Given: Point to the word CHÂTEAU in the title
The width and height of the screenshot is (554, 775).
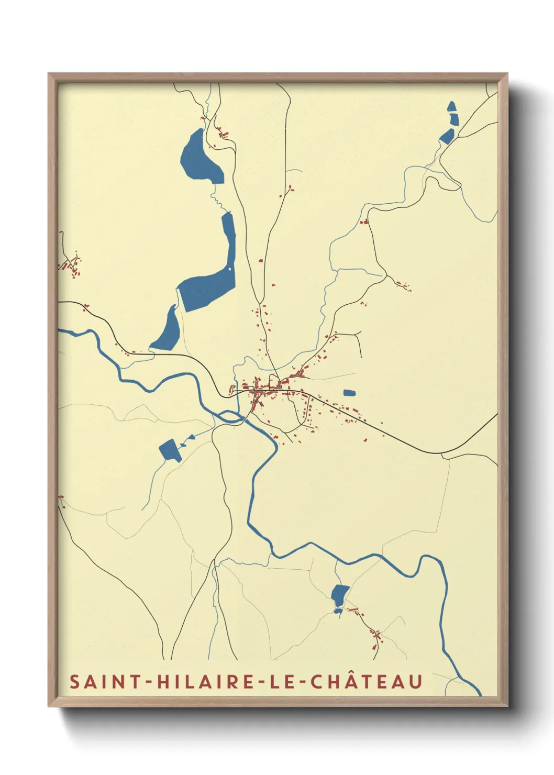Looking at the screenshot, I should pos(367,682).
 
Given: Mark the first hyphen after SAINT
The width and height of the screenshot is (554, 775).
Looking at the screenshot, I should pos(148,682).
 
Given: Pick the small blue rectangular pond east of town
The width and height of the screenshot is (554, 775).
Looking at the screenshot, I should pos(349,393).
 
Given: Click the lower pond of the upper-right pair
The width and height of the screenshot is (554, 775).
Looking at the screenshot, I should pos(447,136).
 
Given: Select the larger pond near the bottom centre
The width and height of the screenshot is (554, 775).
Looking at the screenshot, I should pos(339,594).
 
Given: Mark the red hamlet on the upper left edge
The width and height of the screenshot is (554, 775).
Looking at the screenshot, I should pos(71,264).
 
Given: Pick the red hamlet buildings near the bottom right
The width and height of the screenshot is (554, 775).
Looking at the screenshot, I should pos(376,636).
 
